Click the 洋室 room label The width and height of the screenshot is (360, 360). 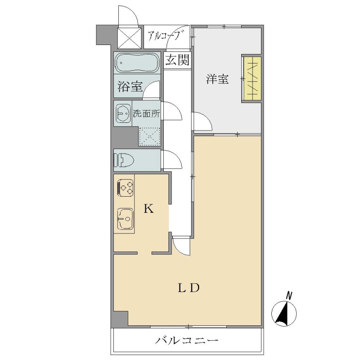coord(217,80)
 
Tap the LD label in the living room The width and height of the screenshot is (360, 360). coord(189,288)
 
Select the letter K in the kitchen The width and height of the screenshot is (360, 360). coord(148,209)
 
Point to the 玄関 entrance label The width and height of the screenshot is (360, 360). coord(177,60)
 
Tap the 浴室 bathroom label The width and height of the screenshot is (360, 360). coord(130,86)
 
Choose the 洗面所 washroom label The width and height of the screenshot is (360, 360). coord(147,114)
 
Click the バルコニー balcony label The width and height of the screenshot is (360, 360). coord(187,340)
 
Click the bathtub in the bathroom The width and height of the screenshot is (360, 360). coord(137,63)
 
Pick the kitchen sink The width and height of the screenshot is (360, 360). coord(126,219)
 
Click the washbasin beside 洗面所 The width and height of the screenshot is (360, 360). coord(123,113)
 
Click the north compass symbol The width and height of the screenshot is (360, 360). coord(284,313)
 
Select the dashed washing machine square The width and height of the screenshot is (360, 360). coord(149,137)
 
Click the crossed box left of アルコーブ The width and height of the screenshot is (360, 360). coord(129,38)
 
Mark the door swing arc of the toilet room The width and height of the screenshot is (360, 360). coord(175,158)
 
